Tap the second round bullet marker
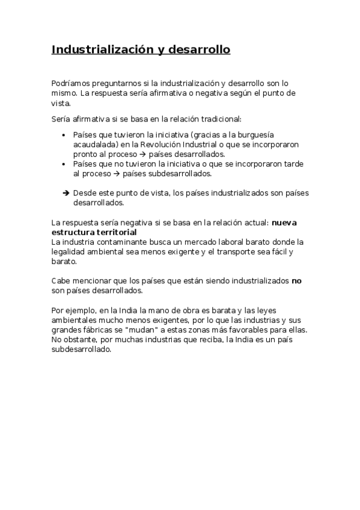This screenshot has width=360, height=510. point(64,164)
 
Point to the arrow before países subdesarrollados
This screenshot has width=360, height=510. point(117,173)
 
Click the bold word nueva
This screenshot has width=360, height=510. point(284,223)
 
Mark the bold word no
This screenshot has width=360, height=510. point(296,281)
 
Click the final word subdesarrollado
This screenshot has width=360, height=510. point(82,349)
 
